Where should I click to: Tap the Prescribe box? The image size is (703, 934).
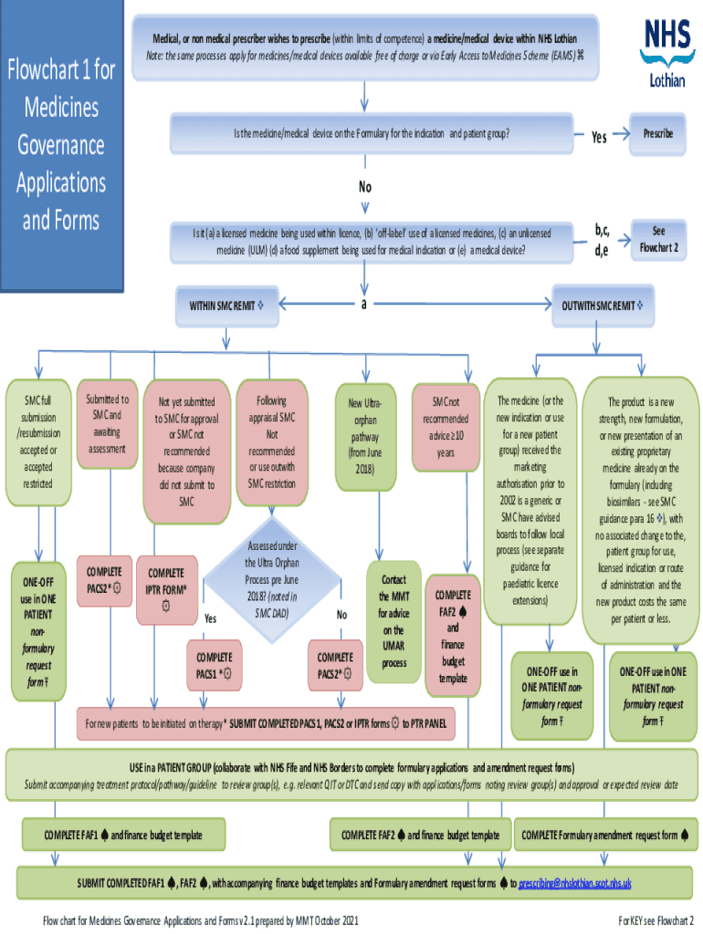(x=657, y=133)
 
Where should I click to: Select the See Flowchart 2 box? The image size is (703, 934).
(x=657, y=240)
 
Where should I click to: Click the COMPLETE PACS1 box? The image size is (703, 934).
(x=214, y=665)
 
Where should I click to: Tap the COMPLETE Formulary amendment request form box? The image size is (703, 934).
(x=605, y=835)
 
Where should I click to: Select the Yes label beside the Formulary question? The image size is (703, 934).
(x=599, y=138)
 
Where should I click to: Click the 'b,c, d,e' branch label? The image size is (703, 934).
(x=602, y=241)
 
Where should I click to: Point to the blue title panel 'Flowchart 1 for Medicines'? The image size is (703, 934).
(x=62, y=146)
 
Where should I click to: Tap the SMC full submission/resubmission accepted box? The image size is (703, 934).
(x=37, y=442)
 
